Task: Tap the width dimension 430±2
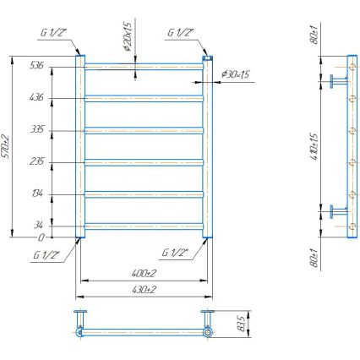tap(145, 290)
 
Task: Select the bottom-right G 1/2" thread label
tap(175, 252)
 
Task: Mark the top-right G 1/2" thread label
tap(179, 34)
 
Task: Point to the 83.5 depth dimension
tap(242, 324)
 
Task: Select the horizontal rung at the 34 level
tap(144, 225)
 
